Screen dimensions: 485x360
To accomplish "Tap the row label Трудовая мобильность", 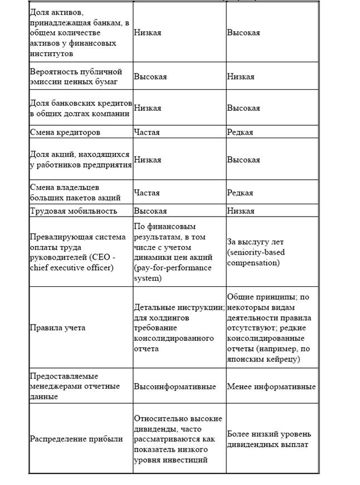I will [x=73, y=211].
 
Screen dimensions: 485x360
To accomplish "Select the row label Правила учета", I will [x=57, y=327].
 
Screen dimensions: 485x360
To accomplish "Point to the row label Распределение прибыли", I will [x=76, y=439].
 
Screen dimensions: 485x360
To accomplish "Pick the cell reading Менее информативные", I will [x=271, y=386].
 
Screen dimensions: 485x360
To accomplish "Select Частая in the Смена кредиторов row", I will [x=147, y=132].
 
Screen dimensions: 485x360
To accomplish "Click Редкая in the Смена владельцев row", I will [x=240, y=193].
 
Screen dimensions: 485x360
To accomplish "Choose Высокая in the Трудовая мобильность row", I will [x=150, y=211].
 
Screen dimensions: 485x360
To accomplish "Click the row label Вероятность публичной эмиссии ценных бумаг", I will [x=75, y=76].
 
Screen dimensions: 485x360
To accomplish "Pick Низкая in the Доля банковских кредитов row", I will [x=147, y=108].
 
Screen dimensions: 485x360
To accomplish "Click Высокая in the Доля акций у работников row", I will [x=244, y=160].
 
